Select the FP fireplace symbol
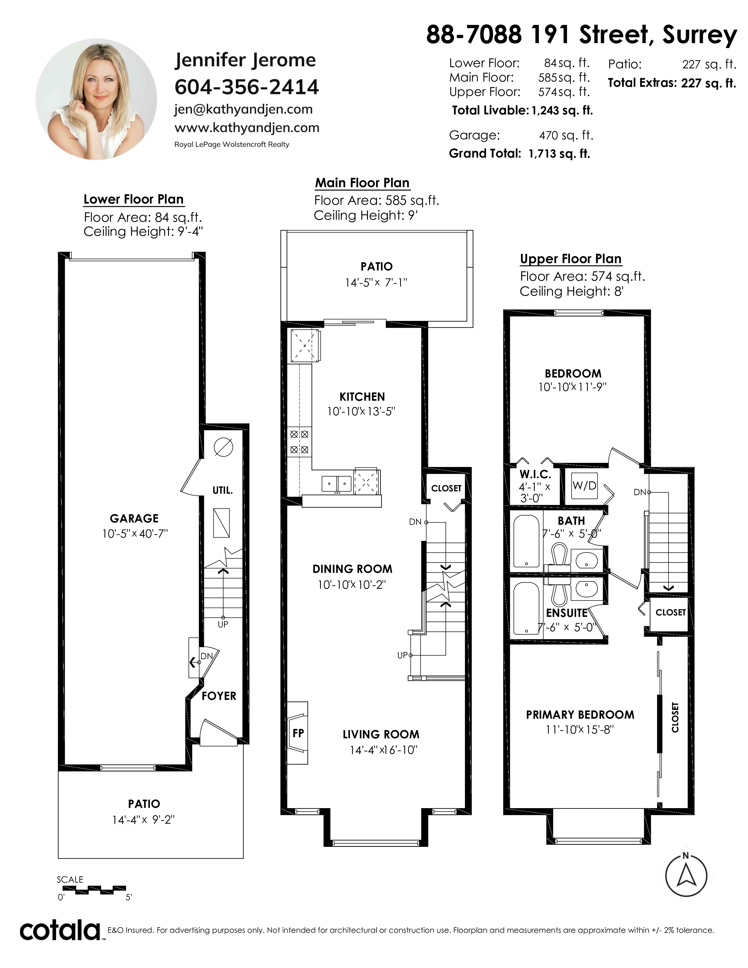point(297,733)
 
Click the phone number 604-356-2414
point(246,87)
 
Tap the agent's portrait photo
point(96,99)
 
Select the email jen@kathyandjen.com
point(243,109)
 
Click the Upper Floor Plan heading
point(571,259)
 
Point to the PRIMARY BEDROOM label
point(580,715)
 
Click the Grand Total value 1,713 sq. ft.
point(559,154)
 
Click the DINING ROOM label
point(352,569)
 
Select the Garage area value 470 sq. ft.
point(566,135)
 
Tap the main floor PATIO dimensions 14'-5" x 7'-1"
point(376,282)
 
